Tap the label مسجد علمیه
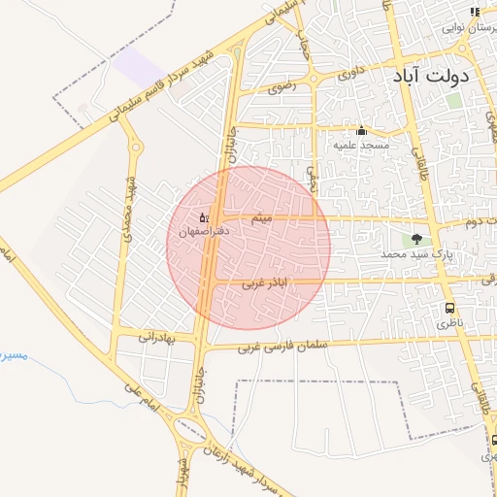[x=361, y=145]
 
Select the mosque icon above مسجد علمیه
[x=361, y=131]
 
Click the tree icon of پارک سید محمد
[x=417, y=239]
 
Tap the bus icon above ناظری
[x=449, y=308]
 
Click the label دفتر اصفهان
[x=205, y=231]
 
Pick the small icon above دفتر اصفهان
[x=204, y=217]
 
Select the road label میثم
[x=260, y=221]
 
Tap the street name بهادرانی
[x=153, y=337]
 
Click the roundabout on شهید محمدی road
[x=135, y=148]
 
